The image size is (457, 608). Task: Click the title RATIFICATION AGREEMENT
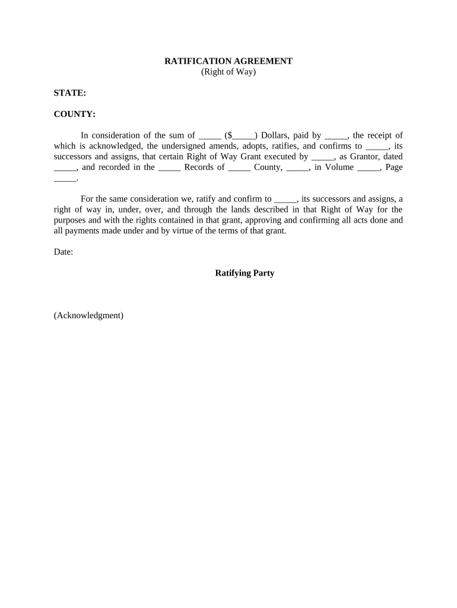coord(228,61)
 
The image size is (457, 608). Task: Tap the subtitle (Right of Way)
coord(228,72)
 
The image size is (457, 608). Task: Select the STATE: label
coord(70,93)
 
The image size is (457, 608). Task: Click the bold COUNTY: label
coord(75,114)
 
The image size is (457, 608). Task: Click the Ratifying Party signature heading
coord(245,274)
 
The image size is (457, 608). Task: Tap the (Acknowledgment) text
coord(88,315)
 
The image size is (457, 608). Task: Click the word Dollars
coord(276,135)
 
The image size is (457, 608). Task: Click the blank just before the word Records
coord(170,168)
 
